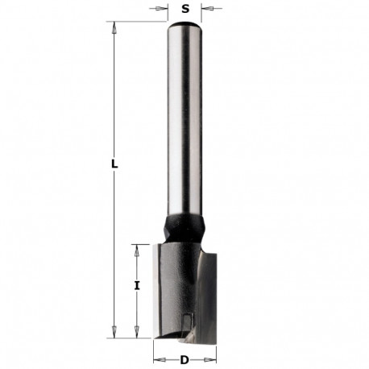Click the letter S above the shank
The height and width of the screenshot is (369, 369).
(185, 10)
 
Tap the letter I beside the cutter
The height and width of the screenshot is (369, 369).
(137, 284)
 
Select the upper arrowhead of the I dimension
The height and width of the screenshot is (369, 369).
(137, 247)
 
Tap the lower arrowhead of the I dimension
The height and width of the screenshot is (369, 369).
(137, 331)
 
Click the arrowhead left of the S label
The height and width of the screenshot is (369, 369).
(165, 10)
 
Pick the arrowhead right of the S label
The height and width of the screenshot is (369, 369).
(205, 10)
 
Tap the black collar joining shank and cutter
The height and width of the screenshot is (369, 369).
(184, 226)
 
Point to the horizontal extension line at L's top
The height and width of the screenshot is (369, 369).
(137, 23)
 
